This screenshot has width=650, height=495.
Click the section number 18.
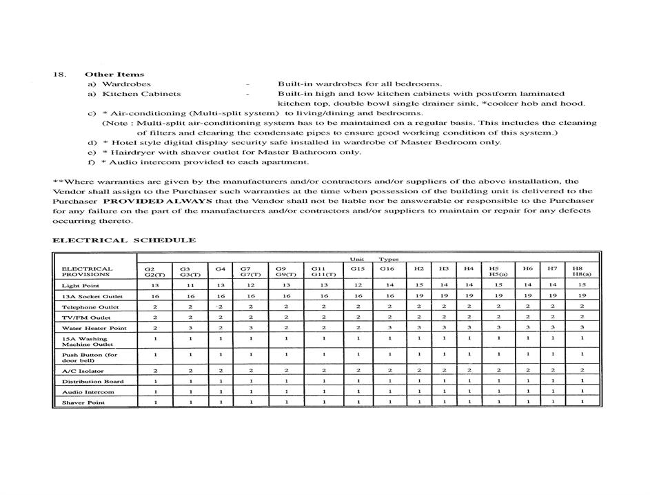(59, 74)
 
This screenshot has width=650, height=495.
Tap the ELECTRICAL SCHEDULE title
(124, 240)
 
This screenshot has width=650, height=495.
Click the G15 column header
(357, 268)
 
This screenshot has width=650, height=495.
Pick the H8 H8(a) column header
(578, 271)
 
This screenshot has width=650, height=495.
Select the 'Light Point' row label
(81, 285)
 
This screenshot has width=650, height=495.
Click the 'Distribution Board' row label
(93, 381)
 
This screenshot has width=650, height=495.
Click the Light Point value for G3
(190, 285)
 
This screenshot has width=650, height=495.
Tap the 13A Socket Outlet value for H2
(419, 295)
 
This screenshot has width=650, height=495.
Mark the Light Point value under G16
(390, 285)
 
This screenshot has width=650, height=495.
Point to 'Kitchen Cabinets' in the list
(141, 94)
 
